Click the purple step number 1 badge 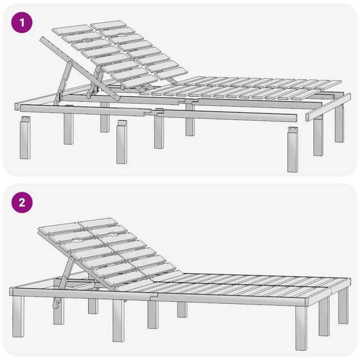coord(22,22)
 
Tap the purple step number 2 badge coord(22,202)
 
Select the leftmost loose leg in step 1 coord(25,137)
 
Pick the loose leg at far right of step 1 coord(293,149)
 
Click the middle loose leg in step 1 coord(121,142)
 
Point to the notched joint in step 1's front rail coord(154,112)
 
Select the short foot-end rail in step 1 coord(328,108)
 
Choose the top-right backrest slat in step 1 coord(108,26)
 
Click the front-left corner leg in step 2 coord(18,316)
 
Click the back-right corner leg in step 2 coord(343,306)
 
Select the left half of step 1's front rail coord(85,110)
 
